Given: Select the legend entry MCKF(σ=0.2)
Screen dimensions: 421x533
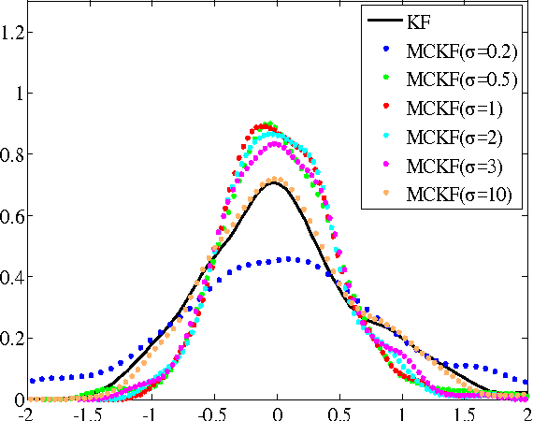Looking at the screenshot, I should tap(460, 49).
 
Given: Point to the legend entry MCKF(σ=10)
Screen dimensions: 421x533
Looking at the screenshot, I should tap(459, 195).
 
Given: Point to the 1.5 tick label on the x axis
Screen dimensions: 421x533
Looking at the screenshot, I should tap(465, 412).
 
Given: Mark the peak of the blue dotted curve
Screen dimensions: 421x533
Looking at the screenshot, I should tap(290, 258).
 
